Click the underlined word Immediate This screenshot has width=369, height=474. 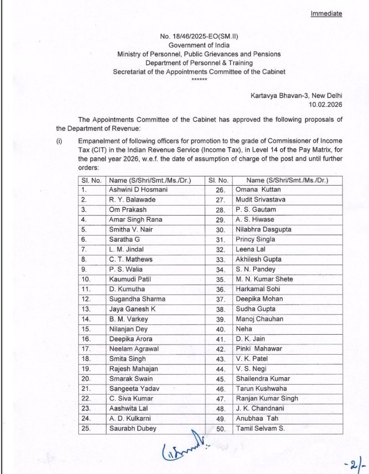pos(326,13)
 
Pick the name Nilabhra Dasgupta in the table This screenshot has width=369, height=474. pos(262,229)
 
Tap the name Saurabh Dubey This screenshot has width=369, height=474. pos(133,428)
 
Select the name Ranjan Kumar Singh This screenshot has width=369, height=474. pos(267,398)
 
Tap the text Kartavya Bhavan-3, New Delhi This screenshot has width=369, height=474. pos(296,95)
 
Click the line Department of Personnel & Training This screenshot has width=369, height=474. pos(199,63)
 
